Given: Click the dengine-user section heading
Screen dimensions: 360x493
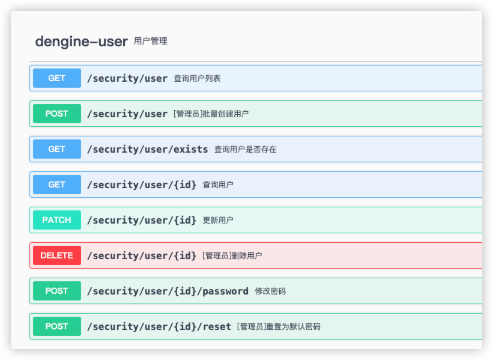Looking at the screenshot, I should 81,41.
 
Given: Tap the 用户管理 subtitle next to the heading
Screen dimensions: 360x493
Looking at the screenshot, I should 150,41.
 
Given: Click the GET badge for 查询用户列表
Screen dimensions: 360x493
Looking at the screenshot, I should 57,78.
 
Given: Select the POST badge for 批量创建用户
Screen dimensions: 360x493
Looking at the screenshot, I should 57,114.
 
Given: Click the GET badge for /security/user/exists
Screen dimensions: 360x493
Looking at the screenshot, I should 57,149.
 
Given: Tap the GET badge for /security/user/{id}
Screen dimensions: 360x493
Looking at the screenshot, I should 57,185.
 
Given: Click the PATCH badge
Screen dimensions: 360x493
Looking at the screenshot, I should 57,220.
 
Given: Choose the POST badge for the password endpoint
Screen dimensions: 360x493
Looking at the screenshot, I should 57,291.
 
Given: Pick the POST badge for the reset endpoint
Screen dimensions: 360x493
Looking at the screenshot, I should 57,326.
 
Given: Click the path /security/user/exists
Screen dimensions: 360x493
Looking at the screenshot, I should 147,149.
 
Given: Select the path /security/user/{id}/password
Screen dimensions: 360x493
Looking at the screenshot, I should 168,291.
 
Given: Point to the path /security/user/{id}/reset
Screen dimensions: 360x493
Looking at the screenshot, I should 159,326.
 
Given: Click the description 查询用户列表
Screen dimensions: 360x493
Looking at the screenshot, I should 197,78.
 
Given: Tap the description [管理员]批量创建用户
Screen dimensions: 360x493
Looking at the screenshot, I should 211,114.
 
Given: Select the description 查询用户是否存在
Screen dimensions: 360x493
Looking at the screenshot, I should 245,149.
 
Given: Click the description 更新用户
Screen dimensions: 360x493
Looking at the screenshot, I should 218,220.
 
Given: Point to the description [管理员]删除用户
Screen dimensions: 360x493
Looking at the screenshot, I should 232,255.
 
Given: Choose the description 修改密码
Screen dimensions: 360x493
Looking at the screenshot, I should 270,291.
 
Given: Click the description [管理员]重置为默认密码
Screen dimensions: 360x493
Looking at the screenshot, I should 279,326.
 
